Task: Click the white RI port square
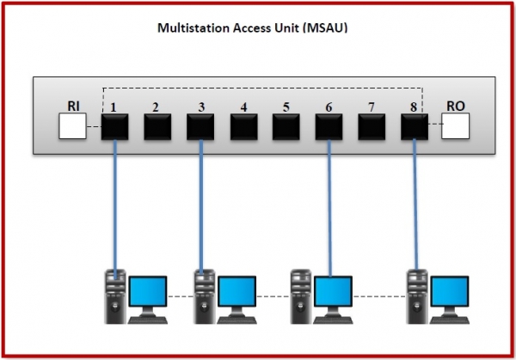[x=73, y=127]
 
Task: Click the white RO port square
[x=456, y=127]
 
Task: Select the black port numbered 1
[x=115, y=127]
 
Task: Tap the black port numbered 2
[x=157, y=127]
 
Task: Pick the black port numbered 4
[x=243, y=127]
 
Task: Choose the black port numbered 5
[x=286, y=127]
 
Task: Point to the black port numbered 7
[x=372, y=127]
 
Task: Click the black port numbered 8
[x=415, y=127]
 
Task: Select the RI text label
[x=74, y=106]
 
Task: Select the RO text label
[x=456, y=106]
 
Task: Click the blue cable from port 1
[x=115, y=206]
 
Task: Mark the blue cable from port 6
[x=329, y=206]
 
